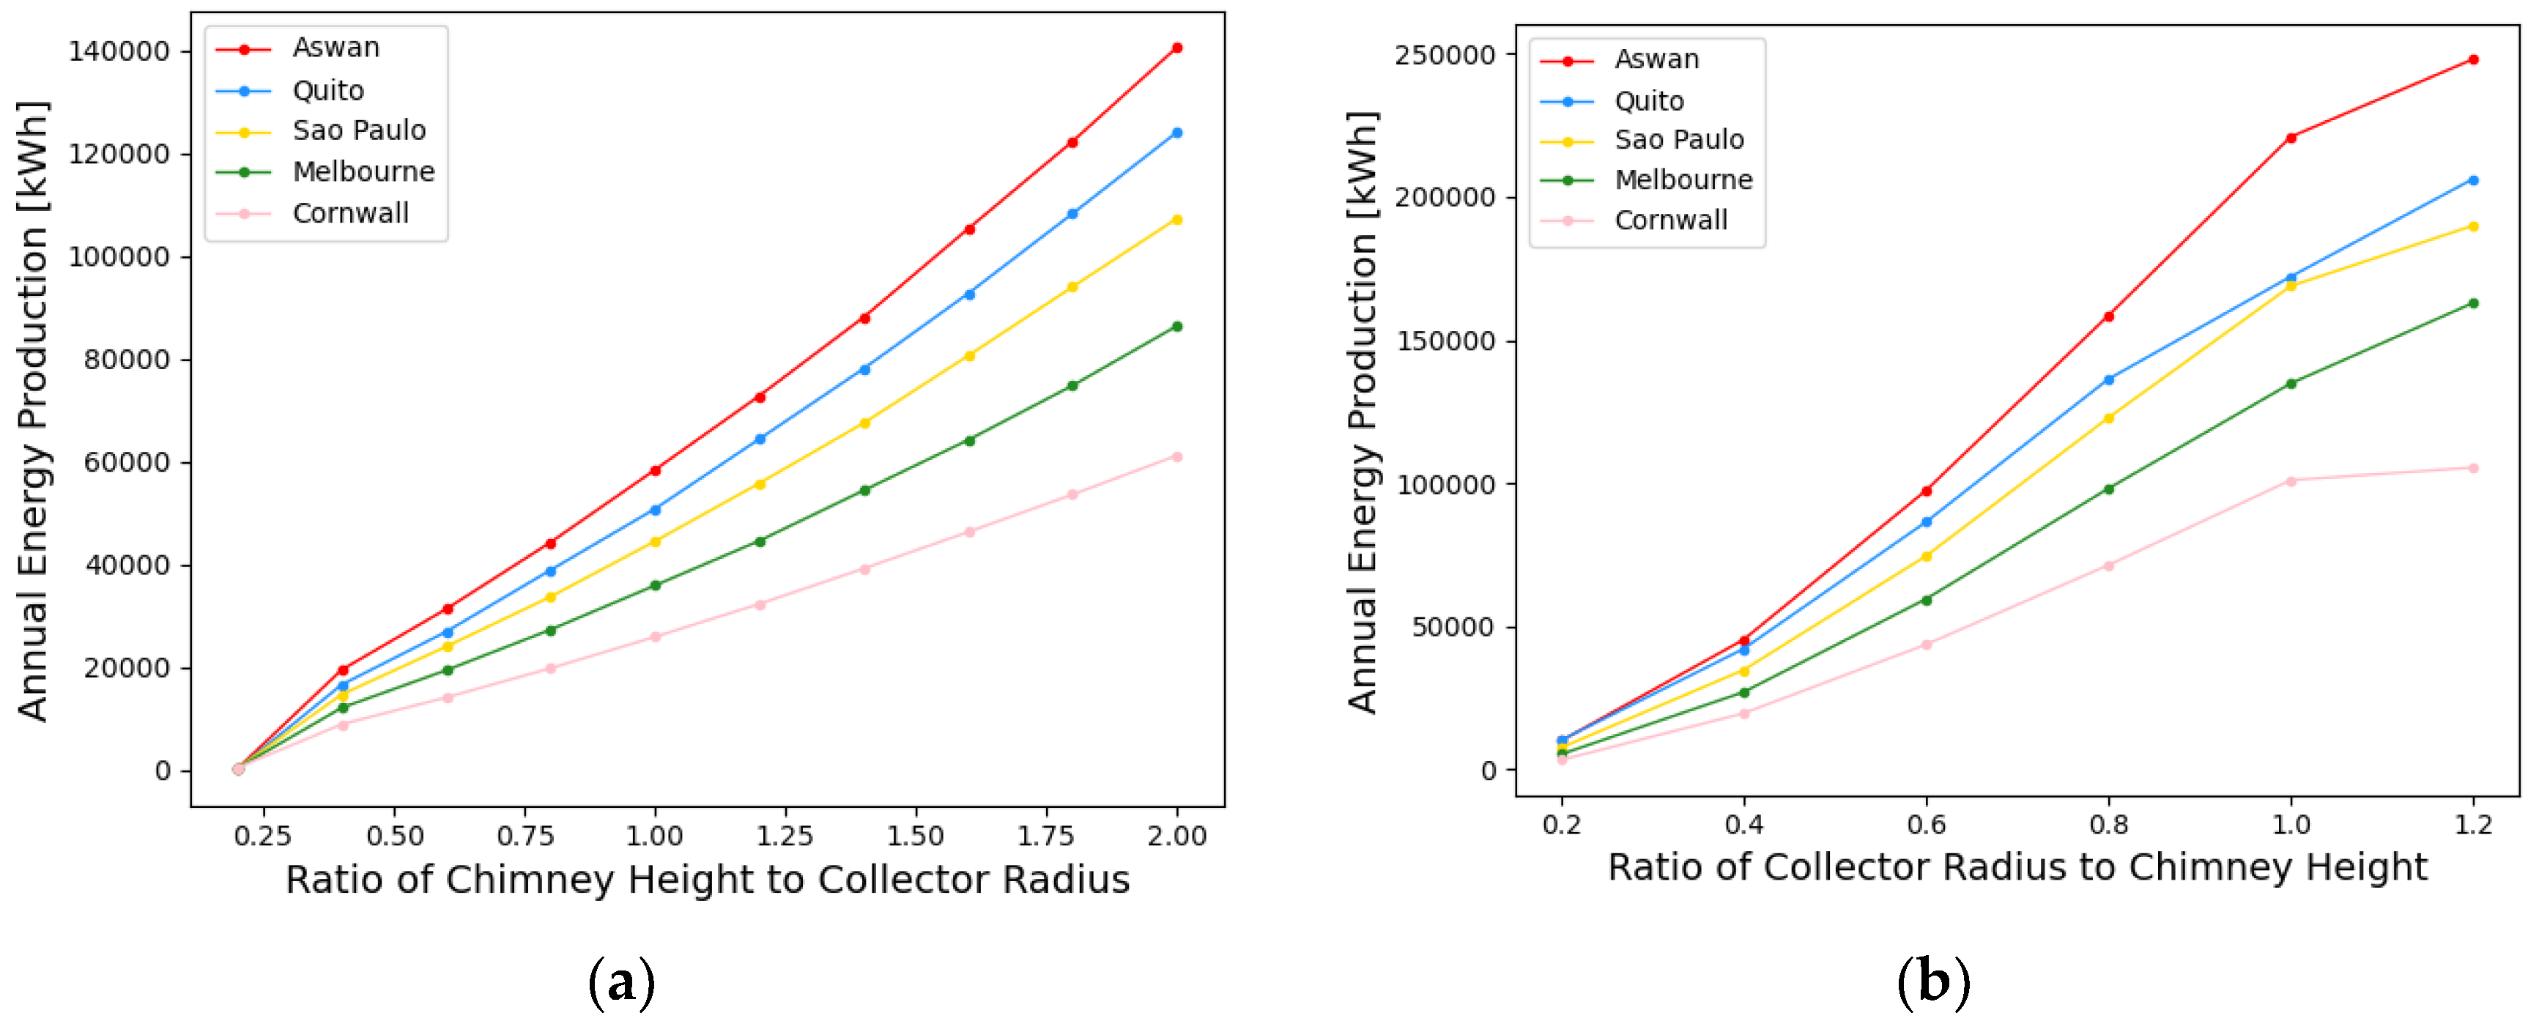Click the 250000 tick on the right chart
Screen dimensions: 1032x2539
[1444, 55]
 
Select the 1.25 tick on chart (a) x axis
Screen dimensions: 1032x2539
[785, 836]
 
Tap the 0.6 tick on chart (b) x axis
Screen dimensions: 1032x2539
[1926, 824]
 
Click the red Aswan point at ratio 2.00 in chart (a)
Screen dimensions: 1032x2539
[1177, 48]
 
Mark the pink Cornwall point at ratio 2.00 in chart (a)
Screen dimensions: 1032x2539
[1177, 456]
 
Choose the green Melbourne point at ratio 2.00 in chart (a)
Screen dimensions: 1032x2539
[1177, 326]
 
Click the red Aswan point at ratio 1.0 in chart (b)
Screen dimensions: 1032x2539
[2291, 138]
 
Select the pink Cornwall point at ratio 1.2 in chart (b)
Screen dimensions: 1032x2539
[2473, 468]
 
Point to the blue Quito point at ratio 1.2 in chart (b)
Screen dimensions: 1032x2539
[2473, 180]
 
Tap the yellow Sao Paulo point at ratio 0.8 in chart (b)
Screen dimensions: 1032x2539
[2108, 418]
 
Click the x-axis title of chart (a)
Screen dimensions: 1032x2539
[707, 879]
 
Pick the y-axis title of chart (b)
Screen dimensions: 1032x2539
[1363, 412]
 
